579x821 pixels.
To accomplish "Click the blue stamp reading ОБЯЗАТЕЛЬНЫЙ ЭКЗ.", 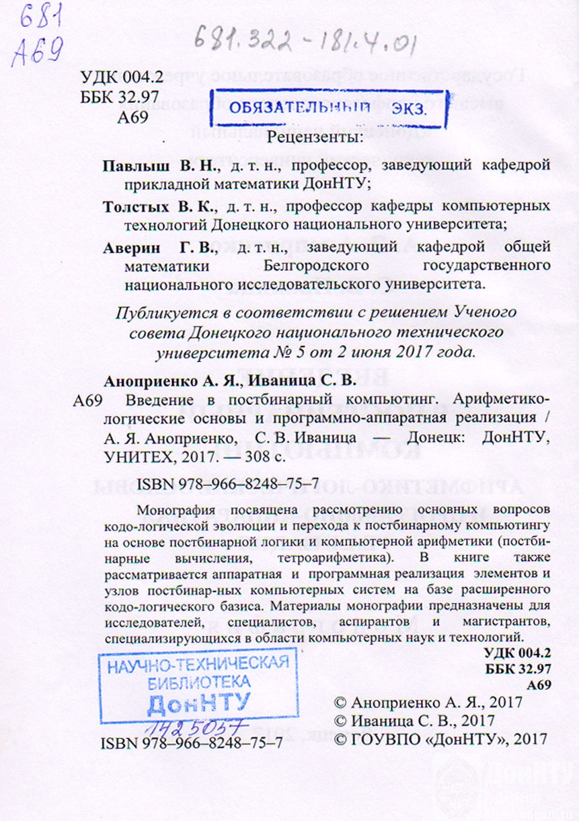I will coord(329,108).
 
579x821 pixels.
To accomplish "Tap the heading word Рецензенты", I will coord(314,139).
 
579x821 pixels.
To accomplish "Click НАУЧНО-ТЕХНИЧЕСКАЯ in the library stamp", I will coord(199,666).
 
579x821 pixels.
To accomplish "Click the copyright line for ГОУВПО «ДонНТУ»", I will coord(441,740).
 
